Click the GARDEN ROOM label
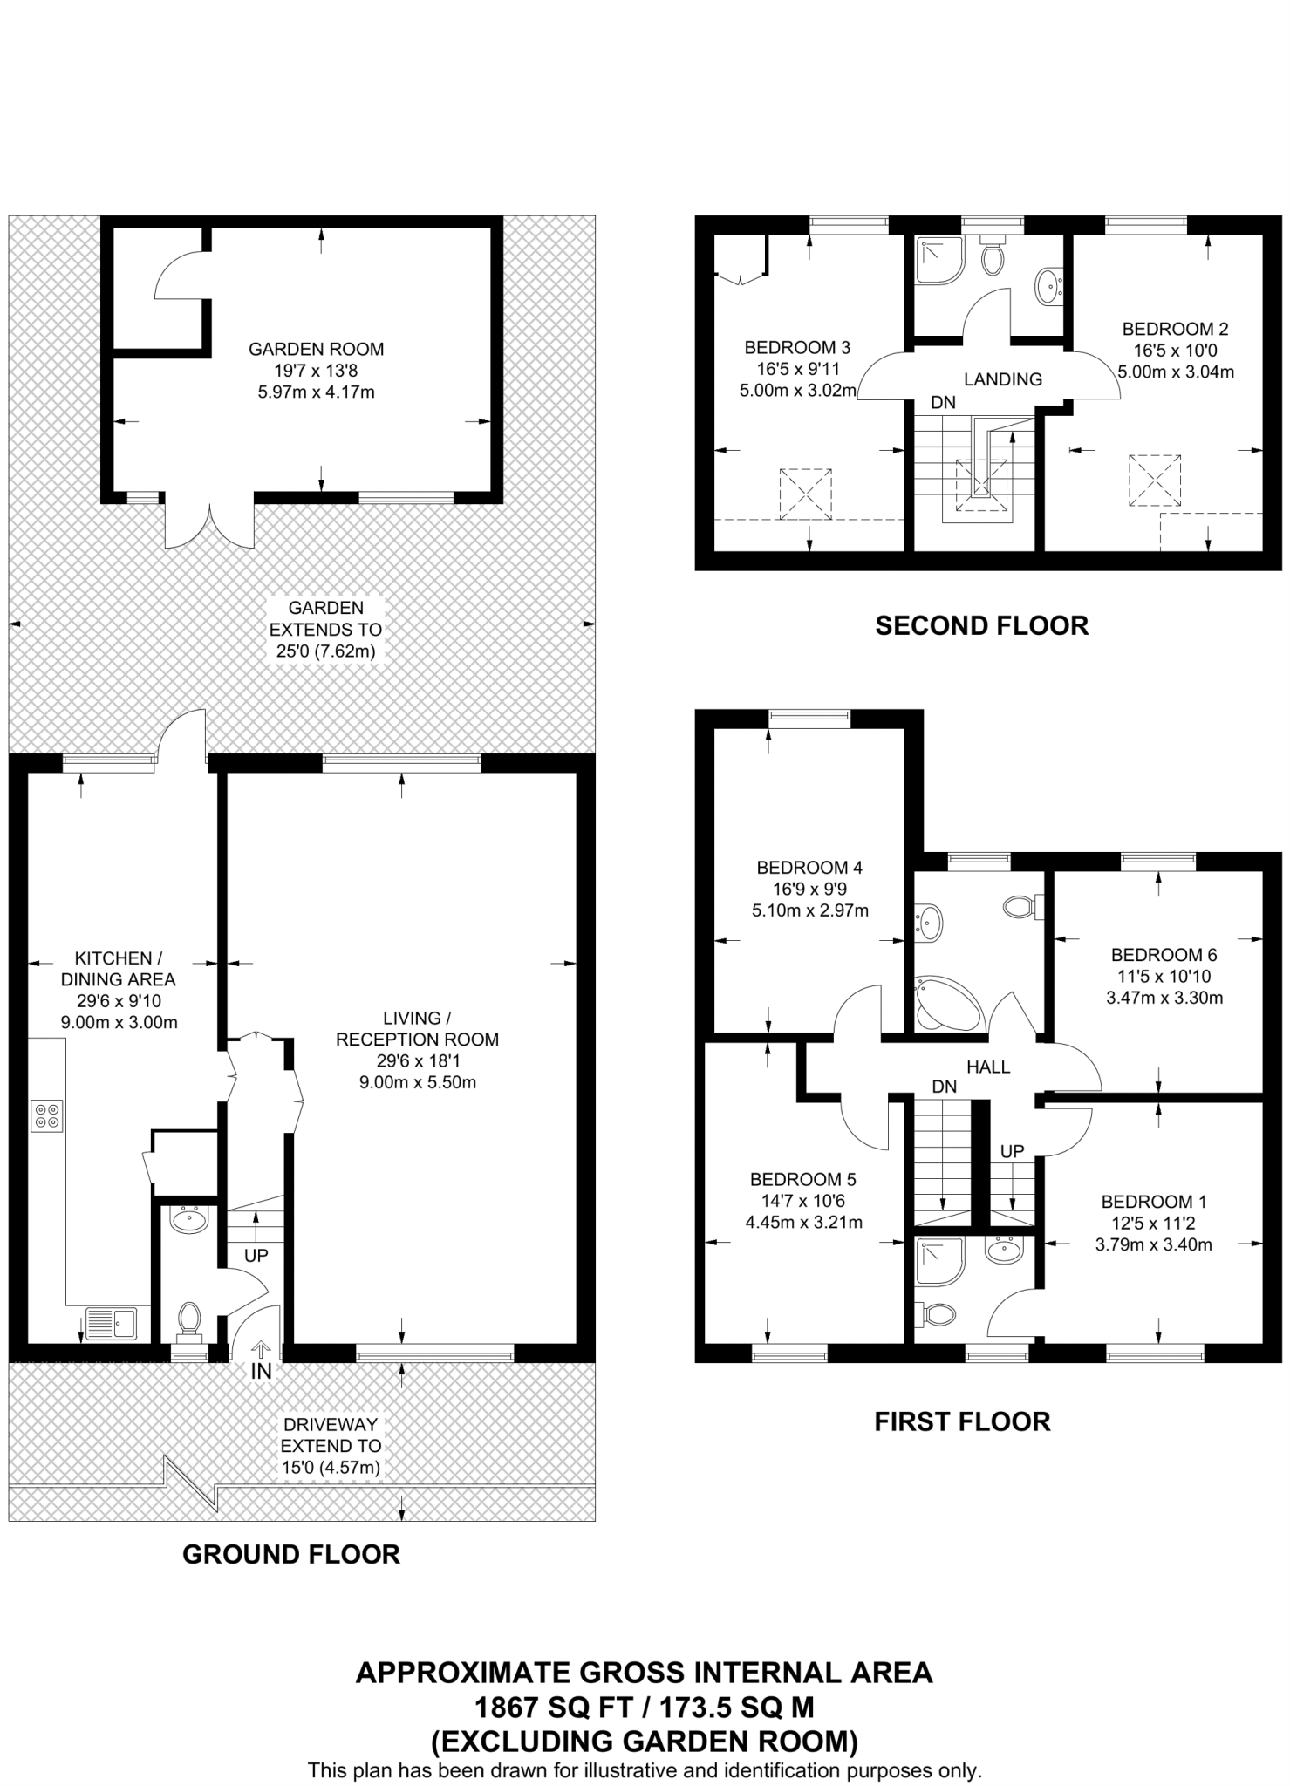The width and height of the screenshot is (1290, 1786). coord(316,349)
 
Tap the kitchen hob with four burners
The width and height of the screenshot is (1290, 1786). coord(47,1116)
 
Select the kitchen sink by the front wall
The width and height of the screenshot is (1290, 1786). coord(111,1322)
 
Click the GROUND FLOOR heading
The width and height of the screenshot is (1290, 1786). coord(290,1554)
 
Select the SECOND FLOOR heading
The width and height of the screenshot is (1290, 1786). coord(981,625)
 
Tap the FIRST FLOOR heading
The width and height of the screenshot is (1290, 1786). coord(962,1421)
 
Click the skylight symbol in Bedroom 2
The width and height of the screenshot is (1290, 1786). coord(1154,480)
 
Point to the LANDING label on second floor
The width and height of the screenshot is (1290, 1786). coord(1002,379)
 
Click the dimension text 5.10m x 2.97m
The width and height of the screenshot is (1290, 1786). coord(809,910)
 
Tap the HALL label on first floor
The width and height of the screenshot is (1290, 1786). coord(987,1067)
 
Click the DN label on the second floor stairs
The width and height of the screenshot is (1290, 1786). coord(943,403)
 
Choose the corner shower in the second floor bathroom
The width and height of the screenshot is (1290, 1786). coord(938,261)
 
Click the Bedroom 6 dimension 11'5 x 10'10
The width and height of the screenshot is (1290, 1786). coord(1164,977)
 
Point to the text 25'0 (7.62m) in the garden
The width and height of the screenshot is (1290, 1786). coord(325,651)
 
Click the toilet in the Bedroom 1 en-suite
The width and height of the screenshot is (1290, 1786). coord(937,1313)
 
